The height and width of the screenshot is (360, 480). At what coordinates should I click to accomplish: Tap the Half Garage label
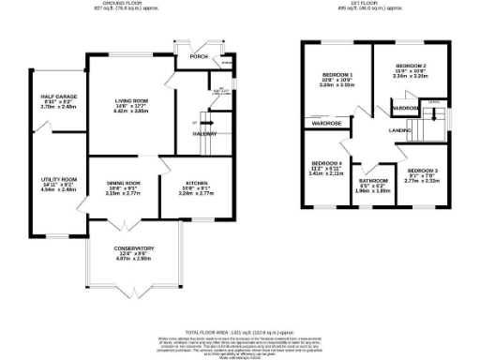coord(58,97)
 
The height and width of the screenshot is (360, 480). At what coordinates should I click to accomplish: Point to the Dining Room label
coord(123,183)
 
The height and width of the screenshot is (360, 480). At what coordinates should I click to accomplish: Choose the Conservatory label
coord(134,248)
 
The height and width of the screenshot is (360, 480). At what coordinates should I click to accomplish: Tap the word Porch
coord(198,55)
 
